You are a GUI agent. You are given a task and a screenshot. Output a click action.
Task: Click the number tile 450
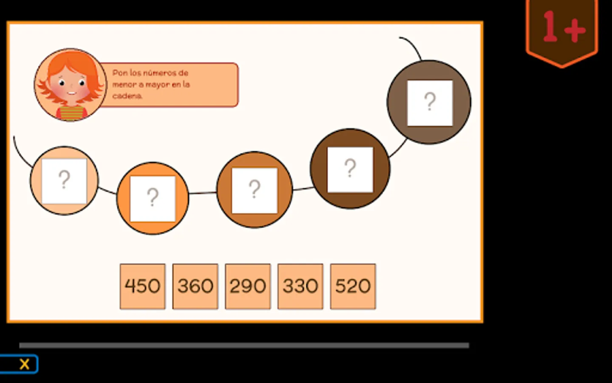pyautogui.click(x=142, y=286)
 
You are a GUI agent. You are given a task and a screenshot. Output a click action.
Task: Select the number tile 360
pyautogui.click(x=195, y=286)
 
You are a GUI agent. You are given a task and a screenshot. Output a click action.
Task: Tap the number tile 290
pyautogui.click(x=248, y=286)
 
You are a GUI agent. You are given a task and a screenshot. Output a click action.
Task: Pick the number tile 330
pyautogui.click(x=300, y=286)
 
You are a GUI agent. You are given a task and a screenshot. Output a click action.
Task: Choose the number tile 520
pyautogui.click(x=353, y=286)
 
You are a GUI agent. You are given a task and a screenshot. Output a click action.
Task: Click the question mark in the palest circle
pyautogui.click(x=64, y=180)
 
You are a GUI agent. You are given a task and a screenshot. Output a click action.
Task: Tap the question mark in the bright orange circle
pyautogui.click(x=153, y=198)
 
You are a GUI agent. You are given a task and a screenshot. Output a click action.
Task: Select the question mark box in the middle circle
pyautogui.click(x=254, y=190)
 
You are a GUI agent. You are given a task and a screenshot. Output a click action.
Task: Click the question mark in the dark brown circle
pyautogui.click(x=350, y=169)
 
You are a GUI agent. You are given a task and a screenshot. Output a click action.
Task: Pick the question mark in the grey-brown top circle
pyautogui.click(x=430, y=103)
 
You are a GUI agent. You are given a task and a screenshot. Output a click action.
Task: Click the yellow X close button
pyautogui.click(x=24, y=364)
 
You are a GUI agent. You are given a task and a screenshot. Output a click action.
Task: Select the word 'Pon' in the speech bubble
pyautogui.click(x=119, y=73)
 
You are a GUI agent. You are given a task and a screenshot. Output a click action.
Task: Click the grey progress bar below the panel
pyautogui.click(x=244, y=346)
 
